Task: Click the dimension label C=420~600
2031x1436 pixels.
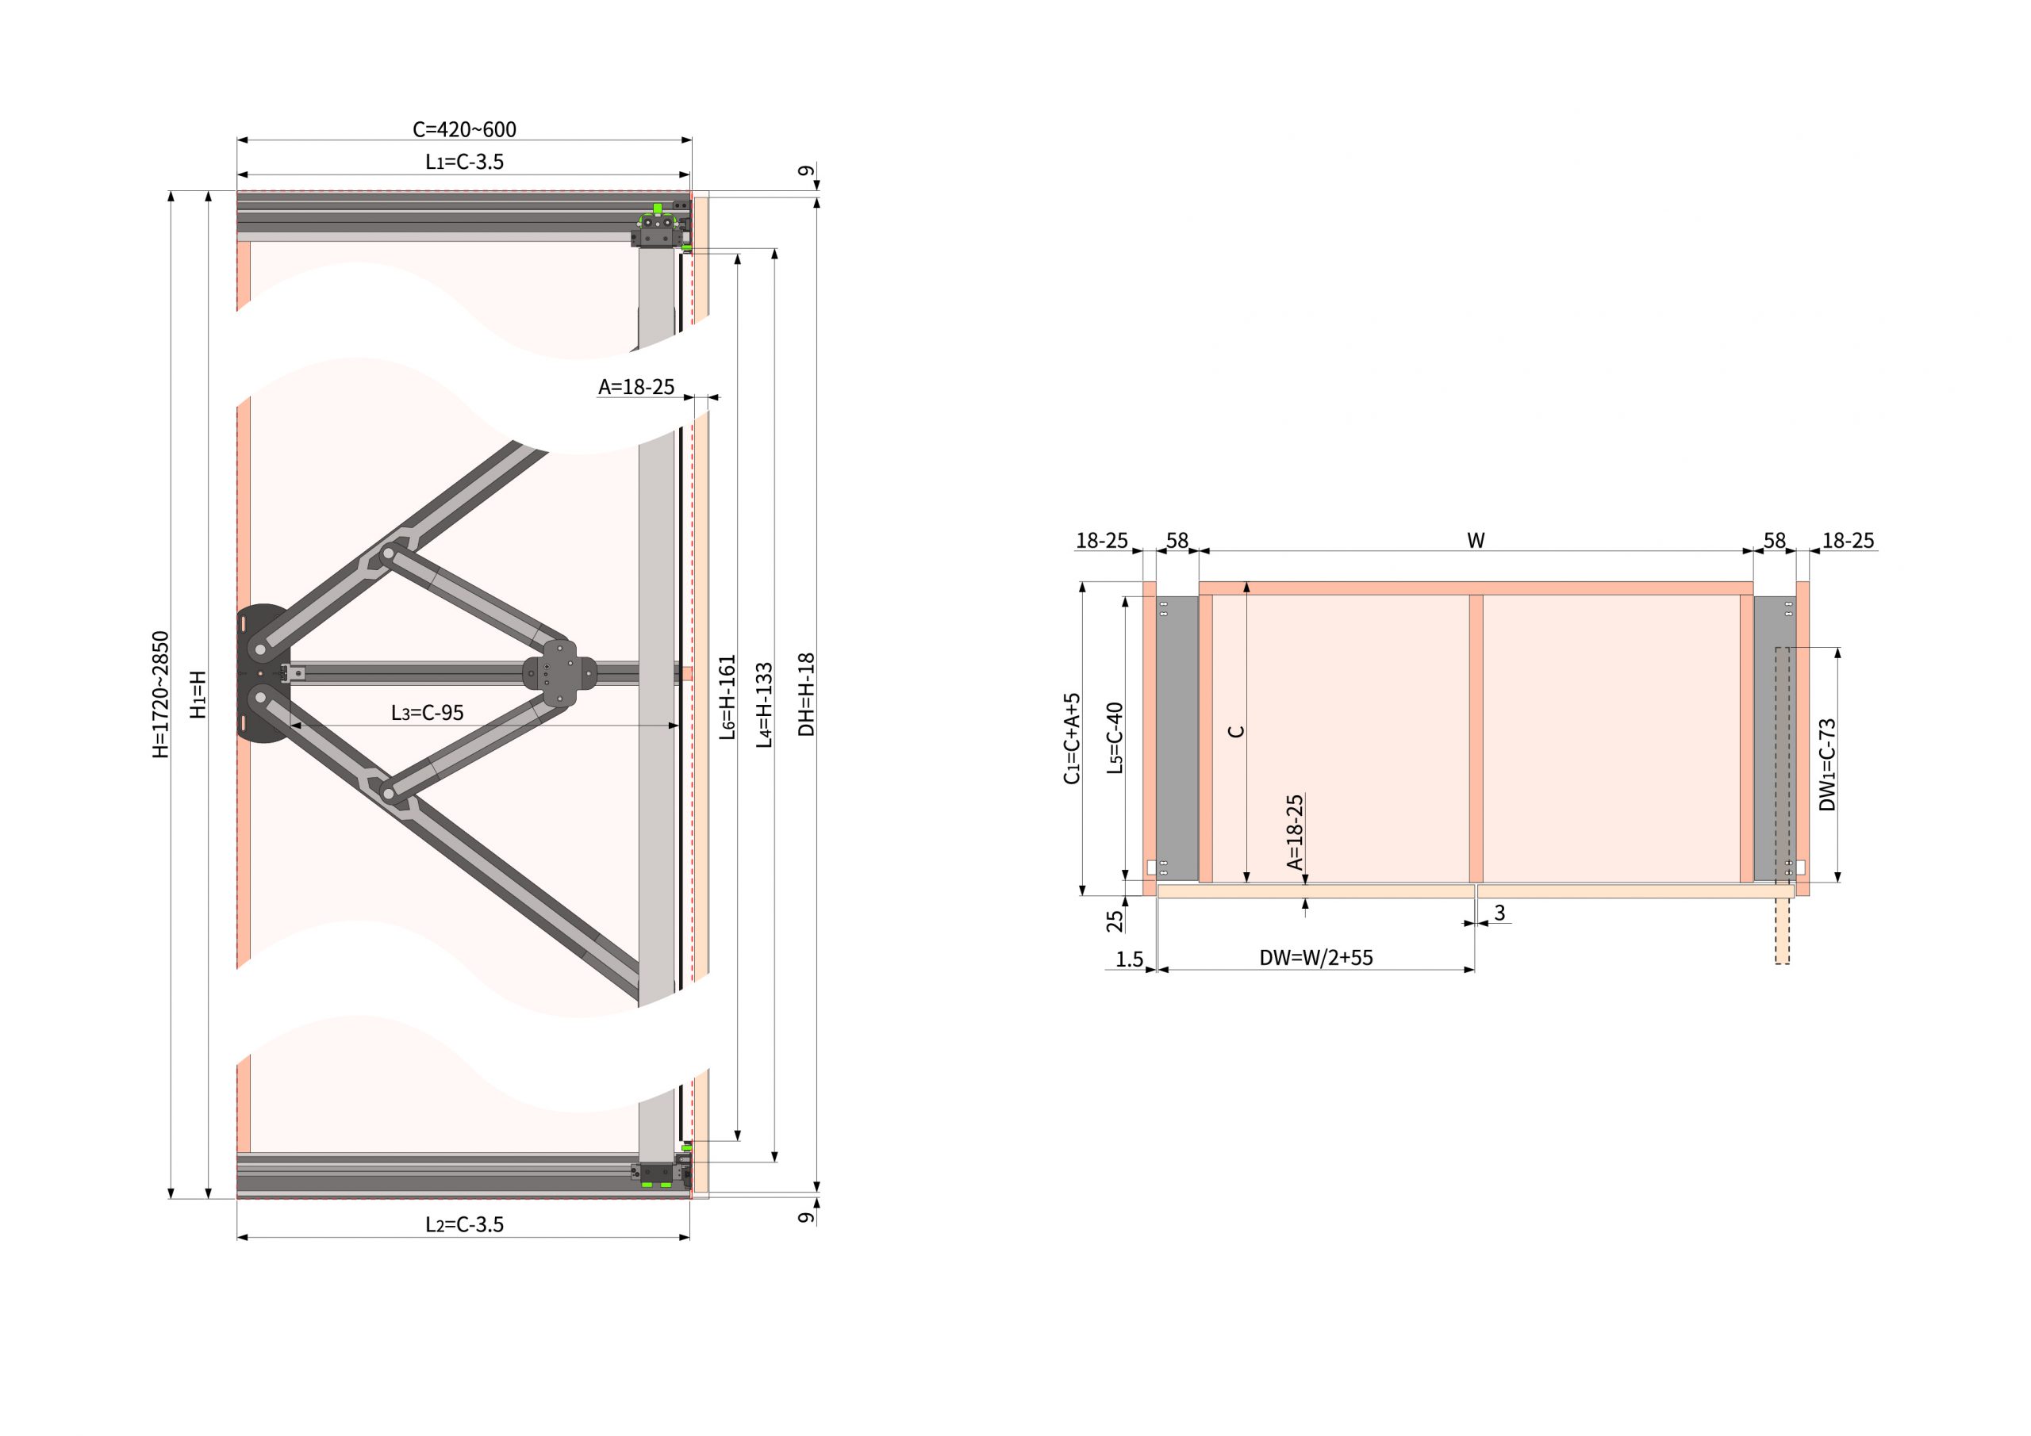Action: click(x=464, y=129)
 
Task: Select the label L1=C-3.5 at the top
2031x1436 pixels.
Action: click(x=464, y=162)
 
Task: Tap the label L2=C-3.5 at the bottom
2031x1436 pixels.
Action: click(x=464, y=1224)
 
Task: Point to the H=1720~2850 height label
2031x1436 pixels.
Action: click(x=160, y=694)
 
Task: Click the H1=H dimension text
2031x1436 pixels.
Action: click(x=198, y=694)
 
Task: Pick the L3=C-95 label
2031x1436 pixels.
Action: click(x=428, y=713)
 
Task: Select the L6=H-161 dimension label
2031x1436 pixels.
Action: click(x=728, y=697)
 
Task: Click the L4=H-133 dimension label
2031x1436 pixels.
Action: click(x=764, y=705)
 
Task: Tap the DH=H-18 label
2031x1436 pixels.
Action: click(x=806, y=694)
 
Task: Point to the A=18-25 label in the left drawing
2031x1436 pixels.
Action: click(x=636, y=386)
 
